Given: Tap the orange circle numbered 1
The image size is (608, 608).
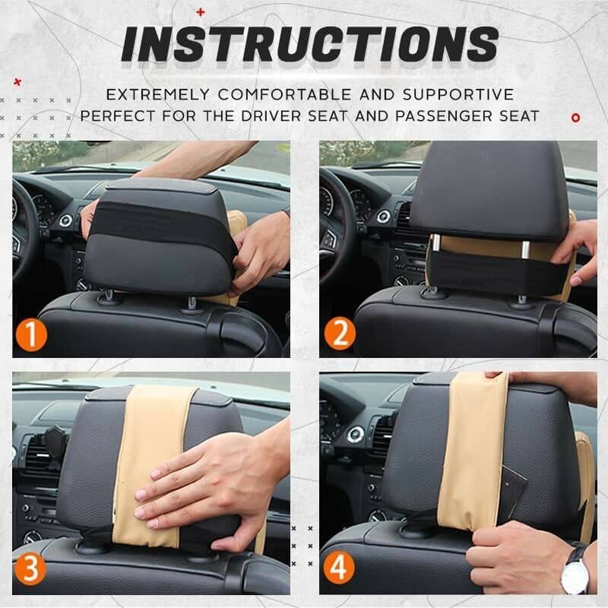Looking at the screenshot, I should point(31,335).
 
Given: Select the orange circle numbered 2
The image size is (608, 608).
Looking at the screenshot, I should point(338,335).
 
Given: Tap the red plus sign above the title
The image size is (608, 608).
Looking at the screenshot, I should point(201,11).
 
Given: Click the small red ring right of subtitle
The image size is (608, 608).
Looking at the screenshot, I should point(575,117).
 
